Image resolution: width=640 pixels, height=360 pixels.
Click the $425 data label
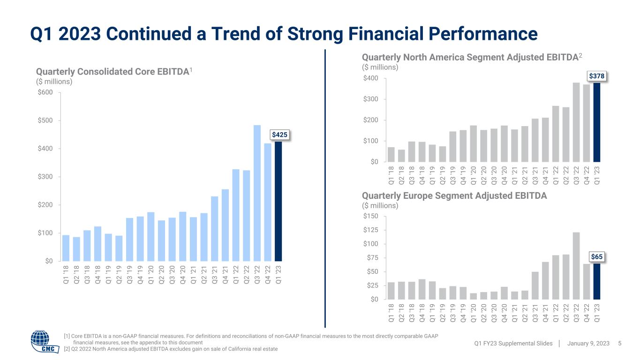tap(280, 135)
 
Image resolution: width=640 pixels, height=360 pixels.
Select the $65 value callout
tap(596, 257)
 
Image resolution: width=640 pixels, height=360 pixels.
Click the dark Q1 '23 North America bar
tap(597, 123)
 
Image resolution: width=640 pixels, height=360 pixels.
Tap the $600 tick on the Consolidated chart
tap(46, 92)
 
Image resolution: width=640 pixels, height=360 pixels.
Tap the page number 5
tap(620, 344)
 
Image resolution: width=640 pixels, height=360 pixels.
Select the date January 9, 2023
tap(588, 344)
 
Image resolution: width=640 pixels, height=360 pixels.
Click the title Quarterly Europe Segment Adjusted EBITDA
tap(454, 196)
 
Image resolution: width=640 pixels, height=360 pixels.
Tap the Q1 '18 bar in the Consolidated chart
tap(66, 248)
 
